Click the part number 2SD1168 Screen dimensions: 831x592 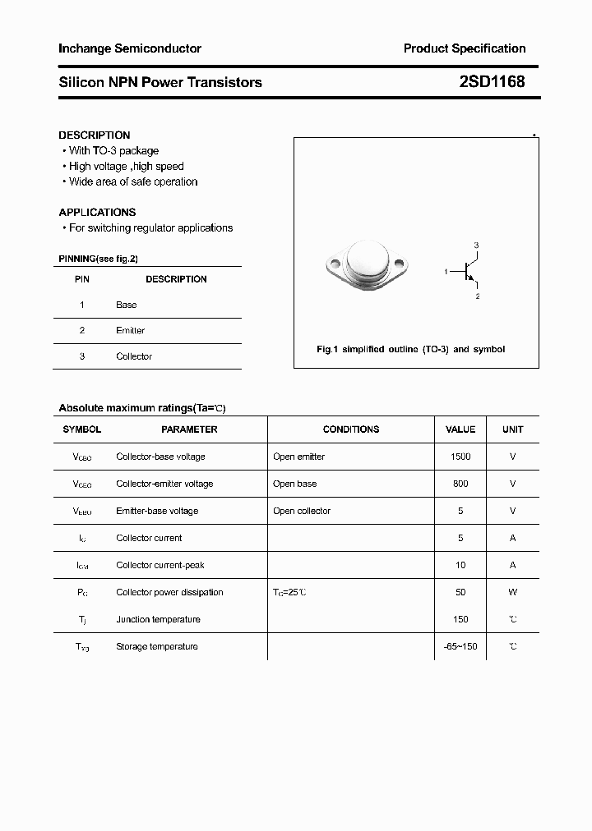coord(492,82)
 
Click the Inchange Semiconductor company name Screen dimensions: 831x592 coord(130,48)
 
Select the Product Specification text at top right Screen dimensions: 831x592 coord(464,48)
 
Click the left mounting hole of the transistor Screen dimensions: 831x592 coord(333,264)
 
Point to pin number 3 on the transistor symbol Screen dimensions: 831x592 coord(476,246)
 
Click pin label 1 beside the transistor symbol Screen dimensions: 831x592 coord(446,271)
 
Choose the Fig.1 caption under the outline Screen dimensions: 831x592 coord(410,349)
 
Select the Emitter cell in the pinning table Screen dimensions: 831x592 coord(130,330)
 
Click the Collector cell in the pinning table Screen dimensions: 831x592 coord(134,356)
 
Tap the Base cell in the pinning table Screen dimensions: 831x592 coord(126,305)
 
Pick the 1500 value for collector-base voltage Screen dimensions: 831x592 coord(460,457)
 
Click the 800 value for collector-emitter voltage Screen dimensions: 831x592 coord(460,484)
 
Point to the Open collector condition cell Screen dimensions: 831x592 coord(301,511)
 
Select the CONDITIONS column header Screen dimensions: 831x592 coord(351,429)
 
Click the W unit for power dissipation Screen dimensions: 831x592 coord(512,592)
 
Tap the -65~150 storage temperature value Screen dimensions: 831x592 coord(460,646)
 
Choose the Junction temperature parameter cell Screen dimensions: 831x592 coord(158,619)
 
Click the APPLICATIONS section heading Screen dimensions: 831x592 coord(97,212)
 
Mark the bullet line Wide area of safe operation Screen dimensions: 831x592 coord(132,181)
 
